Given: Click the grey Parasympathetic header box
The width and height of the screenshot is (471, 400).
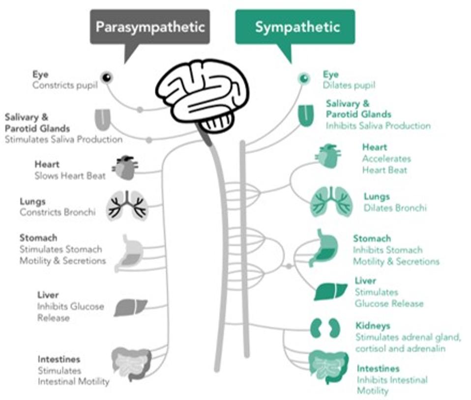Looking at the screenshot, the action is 150,27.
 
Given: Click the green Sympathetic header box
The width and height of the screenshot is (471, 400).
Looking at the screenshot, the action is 295,27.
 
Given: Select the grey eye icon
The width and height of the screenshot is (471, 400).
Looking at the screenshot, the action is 107,78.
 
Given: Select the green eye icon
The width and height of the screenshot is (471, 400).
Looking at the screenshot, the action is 304,79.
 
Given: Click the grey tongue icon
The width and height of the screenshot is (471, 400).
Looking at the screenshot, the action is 103,120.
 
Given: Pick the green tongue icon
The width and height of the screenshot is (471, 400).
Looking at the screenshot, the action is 306,115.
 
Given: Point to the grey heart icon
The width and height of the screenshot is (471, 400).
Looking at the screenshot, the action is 125,167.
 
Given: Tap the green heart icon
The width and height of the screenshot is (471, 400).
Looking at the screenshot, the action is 328,156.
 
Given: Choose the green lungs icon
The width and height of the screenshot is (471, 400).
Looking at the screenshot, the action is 331,202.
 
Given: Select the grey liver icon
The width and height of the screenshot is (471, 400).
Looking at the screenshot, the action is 131,308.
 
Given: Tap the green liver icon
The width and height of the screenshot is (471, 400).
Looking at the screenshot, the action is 330,292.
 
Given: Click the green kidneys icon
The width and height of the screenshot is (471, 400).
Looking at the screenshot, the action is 325,328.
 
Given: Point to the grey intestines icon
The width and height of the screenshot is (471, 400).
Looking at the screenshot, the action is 131,364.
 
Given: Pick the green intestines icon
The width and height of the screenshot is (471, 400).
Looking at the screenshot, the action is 328,368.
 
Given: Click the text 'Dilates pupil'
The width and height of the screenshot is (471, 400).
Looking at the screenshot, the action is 349,85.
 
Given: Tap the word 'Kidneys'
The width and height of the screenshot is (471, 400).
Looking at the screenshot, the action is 373,325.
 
